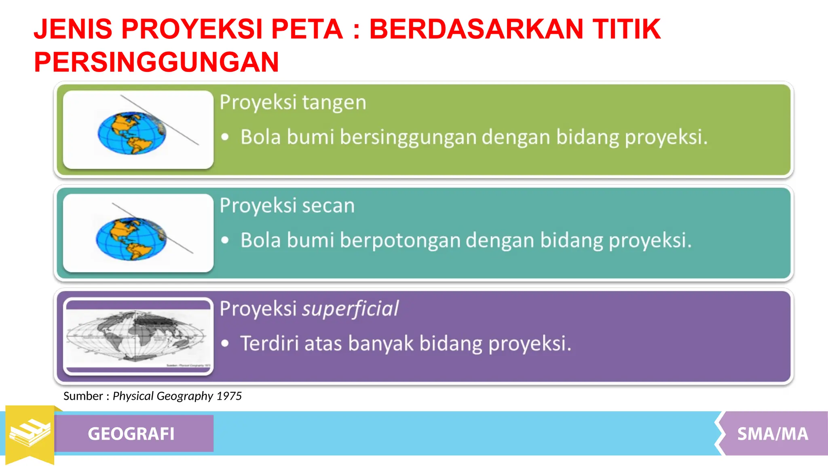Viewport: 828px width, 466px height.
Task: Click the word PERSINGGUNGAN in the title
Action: tap(156, 62)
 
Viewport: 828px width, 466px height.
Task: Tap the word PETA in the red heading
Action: tap(307, 29)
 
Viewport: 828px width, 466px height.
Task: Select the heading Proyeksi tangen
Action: tap(293, 102)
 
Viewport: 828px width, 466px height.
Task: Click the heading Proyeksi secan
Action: tap(287, 205)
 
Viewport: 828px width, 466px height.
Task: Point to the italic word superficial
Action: tap(350, 309)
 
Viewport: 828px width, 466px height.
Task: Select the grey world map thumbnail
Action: tap(138, 337)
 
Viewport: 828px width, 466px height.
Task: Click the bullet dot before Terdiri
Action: tap(225, 344)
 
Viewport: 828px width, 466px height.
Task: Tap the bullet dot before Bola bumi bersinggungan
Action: tap(225, 137)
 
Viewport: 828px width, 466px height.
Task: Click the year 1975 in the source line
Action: tap(229, 396)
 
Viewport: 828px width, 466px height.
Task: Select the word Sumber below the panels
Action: tap(83, 396)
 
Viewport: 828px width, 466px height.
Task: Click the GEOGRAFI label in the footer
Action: tap(131, 434)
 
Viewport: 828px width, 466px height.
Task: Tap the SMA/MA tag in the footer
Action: tap(772, 434)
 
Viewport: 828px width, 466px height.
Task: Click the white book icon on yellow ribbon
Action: tap(30, 432)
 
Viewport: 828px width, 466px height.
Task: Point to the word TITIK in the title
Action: tap(626, 29)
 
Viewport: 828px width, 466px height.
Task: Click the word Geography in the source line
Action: tap(184, 396)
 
